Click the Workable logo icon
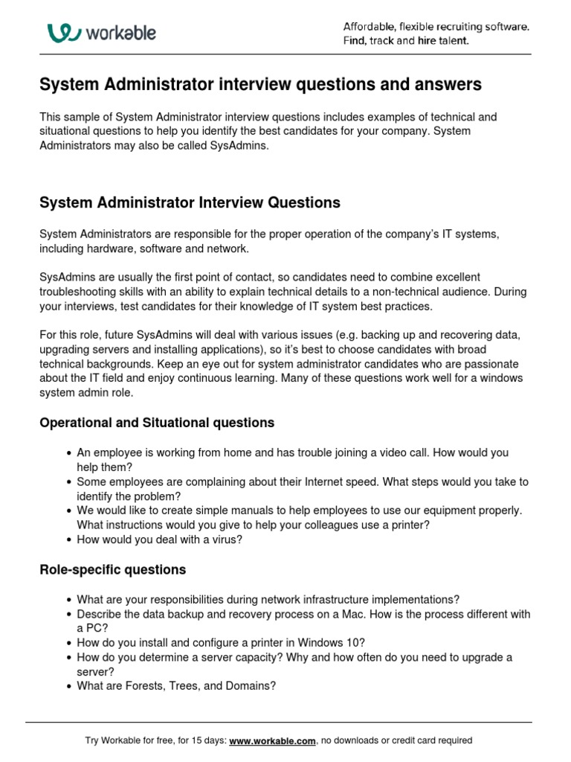(x=64, y=33)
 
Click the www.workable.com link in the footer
(x=273, y=740)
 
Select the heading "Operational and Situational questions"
(x=156, y=423)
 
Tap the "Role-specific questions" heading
(x=112, y=570)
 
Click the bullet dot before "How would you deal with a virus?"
(x=68, y=540)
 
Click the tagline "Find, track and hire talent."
(x=406, y=41)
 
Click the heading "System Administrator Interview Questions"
(x=190, y=202)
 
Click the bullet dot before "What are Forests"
(x=68, y=686)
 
